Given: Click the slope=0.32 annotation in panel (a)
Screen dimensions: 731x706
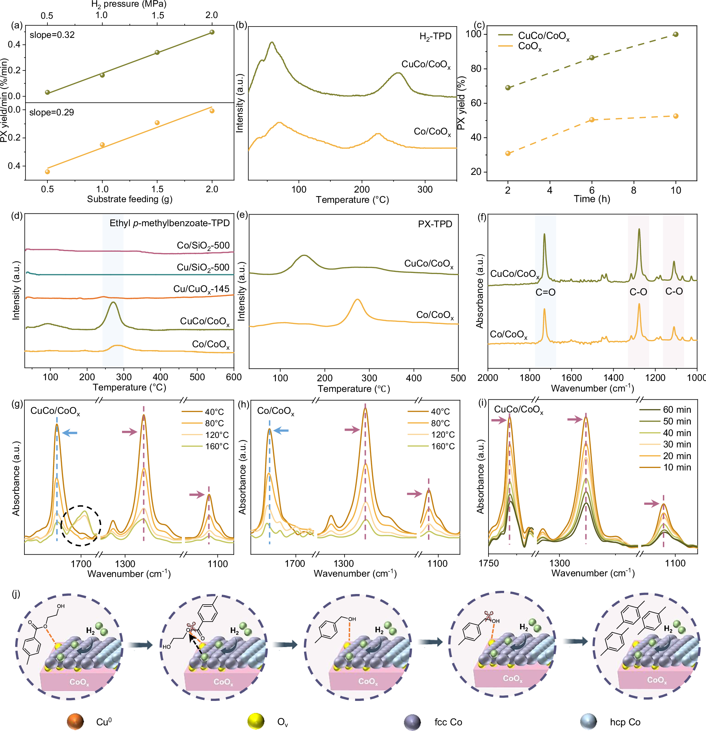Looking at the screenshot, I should [x=52, y=35].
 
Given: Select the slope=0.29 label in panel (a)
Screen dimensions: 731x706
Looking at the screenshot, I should [x=51, y=112].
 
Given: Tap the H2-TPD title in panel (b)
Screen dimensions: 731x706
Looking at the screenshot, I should [x=435, y=36].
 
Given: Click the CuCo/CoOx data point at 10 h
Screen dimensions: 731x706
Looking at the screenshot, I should [x=676, y=34].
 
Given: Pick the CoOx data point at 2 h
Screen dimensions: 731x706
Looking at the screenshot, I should [x=508, y=153].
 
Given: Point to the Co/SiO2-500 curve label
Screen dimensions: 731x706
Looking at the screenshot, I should [x=203, y=246].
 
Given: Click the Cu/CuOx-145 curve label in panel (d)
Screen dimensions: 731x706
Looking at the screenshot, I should [x=201, y=290].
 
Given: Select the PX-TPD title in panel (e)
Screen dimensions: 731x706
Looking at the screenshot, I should [x=435, y=224].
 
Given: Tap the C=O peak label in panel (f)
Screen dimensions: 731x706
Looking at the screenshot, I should [x=545, y=292].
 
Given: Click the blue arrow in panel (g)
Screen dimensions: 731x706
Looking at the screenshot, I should [x=70, y=433].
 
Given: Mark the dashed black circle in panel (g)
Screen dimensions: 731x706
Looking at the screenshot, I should [x=81, y=526].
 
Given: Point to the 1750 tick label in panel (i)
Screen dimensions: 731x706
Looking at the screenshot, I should [x=488, y=563].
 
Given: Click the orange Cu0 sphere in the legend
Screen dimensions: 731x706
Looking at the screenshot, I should [x=75, y=722].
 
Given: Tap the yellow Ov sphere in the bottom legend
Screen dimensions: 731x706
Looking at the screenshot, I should [x=256, y=722].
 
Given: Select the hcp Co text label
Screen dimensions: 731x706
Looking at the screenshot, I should [x=625, y=722].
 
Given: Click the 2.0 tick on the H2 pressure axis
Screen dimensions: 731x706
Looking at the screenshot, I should [x=212, y=15].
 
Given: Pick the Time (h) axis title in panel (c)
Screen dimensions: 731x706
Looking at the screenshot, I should [x=592, y=199].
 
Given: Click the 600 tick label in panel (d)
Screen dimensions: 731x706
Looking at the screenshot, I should [x=233, y=377].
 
